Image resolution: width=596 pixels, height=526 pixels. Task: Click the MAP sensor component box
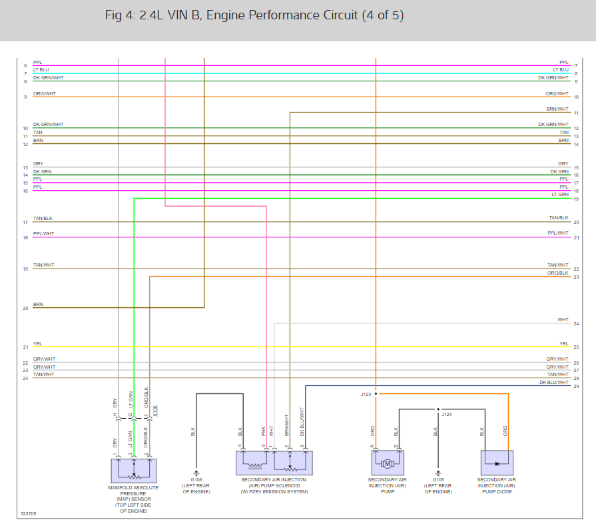pos(133,470)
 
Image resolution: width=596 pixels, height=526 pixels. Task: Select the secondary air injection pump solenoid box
pos(274,462)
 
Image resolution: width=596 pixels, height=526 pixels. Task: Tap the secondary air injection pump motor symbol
pos(387,463)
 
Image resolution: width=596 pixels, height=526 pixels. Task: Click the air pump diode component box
pos(496,462)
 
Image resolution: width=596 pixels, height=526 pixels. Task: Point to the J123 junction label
pos(366,394)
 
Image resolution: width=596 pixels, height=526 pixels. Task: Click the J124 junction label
pos(446,414)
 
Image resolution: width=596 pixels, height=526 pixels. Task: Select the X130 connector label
pos(156,411)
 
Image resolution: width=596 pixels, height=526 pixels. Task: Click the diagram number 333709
pos(29,514)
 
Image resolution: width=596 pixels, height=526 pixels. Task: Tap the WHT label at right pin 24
pos(563,320)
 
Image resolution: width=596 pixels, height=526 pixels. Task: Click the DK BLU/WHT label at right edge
pos(554,383)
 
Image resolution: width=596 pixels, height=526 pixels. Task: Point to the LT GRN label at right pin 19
pos(560,194)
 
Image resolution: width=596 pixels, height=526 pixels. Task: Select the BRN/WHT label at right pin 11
pos(557,109)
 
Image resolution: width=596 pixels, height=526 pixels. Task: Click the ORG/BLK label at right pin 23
pos(558,273)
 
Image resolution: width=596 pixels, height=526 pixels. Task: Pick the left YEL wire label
pos(38,343)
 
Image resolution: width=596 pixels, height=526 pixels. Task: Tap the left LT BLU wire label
pos(41,69)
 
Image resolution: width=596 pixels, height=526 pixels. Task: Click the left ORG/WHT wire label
pos(45,93)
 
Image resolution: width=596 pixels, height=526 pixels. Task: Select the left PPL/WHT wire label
pos(44,233)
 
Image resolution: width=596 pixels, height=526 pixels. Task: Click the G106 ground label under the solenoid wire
pos(196,480)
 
